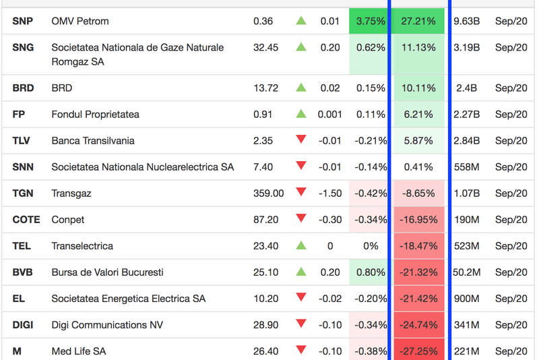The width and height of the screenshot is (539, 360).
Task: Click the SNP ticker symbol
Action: [x=22, y=21]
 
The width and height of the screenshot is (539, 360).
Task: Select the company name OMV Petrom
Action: [x=80, y=21]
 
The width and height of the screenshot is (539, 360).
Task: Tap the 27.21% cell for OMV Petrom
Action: [x=418, y=21]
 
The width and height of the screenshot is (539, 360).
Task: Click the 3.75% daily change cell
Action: [x=371, y=21]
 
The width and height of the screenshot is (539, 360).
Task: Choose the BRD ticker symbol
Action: [x=23, y=88]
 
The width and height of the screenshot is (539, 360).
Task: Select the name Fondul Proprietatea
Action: [x=95, y=114]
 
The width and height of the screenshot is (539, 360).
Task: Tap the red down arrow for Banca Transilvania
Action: [x=301, y=140]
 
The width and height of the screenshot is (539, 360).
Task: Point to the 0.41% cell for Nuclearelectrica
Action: [x=418, y=167]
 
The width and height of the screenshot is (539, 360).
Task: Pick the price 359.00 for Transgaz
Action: [x=269, y=193]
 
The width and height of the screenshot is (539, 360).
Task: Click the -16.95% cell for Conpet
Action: [x=418, y=219]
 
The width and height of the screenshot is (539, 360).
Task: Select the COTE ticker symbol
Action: [x=26, y=219]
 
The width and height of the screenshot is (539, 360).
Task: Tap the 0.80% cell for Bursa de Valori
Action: [x=371, y=272]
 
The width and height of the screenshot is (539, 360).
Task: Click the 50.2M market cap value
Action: [x=466, y=272]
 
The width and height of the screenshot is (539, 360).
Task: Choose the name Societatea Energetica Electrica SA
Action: [x=129, y=298]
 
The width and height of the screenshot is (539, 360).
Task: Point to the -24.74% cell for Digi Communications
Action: [x=418, y=324]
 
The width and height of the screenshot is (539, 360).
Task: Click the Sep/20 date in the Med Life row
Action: [x=511, y=351]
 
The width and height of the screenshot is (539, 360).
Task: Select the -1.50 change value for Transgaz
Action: [x=330, y=193]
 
